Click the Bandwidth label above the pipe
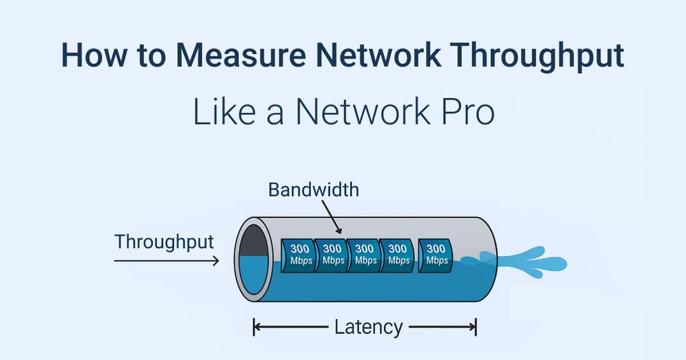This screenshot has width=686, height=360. (x=314, y=189)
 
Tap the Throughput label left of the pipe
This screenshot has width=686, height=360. (x=164, y=241)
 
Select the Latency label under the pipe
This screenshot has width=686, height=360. (x=368, y=328)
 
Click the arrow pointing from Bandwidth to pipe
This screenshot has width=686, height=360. (x=332, y=217)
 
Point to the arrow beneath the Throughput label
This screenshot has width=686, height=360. (x=166, y=260)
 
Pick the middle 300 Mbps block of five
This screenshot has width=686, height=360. (x=365, y=255)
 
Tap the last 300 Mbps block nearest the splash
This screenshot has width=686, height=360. (x=436, y=255)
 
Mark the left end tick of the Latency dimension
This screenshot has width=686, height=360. (x=254, y=328)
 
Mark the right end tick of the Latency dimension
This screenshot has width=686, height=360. (x=476, y=328)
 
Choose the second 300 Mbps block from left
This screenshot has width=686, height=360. (x=332, y=255)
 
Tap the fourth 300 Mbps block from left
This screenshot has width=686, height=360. (x=398, y=255)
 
